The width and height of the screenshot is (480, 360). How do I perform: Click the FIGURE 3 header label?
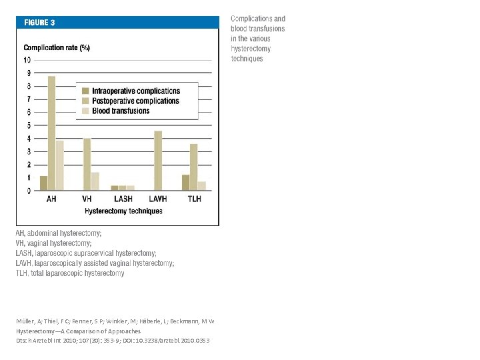pyautogui.click(x=40, y=22)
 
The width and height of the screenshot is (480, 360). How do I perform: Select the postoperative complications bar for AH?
pyautogui.click(x=52, y=133)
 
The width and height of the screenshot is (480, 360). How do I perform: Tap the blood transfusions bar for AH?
pyautogui.click(x=60, y=165)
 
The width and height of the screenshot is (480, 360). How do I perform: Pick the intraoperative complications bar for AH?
pyautogui.click(x=44, y=183)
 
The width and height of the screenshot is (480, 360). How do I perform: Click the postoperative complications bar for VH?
pyautogui.click(x=87, y=164)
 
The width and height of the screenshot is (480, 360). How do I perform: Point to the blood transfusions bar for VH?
pyautogui.click(x=95, y=181)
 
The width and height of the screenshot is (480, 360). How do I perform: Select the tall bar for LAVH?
pyautogui.click(x=158, y=161)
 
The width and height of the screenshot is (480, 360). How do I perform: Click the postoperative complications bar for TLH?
pyautogui.click(x=193, y=167)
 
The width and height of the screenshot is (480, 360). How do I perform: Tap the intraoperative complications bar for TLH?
pyautogui.click(x=185, y=183)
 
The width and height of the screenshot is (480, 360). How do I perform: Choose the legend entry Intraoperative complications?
pyautogui.click(x=136, y=91)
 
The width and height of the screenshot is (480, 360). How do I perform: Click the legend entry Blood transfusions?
pyautogui.click(x=121, y=111)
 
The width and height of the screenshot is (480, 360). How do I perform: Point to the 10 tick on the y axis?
pyautogui.click(x=27, y=61)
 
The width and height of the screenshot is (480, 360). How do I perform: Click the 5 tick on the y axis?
pyautogui.click(x=28, y=125)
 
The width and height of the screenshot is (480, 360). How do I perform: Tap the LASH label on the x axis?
pyautogui.click(x=123, y=199)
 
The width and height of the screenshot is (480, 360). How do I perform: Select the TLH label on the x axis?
pyautogui.click(x=194, y=199)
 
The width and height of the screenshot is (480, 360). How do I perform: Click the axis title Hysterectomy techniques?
pyautogui.click(x=123, y=211)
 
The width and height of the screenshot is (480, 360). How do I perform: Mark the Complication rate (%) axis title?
pyautogui.click(x=57, y=48)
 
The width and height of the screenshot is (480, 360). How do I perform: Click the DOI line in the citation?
pyautogui.click(x=113, y=341)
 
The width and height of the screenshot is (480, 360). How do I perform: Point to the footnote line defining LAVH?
pyautogui.click(x=95, y=263)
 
